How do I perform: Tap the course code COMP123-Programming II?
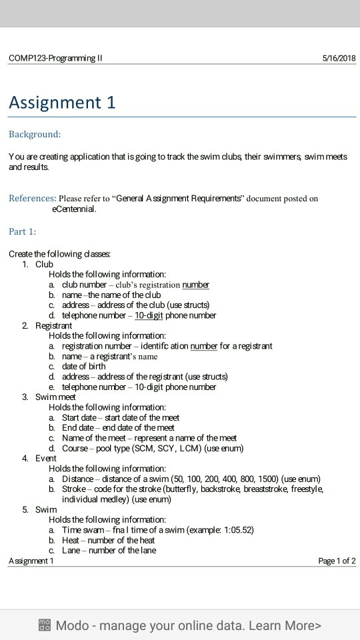click(x=56, y=58)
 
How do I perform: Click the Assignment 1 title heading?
click(x=62, y=102)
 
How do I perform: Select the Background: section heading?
click(x=35, y=135)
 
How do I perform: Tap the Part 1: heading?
click(x=23, y=231)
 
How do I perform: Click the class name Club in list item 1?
click(x=44, y=264)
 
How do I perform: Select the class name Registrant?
click(x=53, y=325)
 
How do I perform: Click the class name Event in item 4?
click(x=46, y=458)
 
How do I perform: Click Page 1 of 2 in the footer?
click(x=337, y=561)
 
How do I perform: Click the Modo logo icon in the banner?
click(x=45, y=625)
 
